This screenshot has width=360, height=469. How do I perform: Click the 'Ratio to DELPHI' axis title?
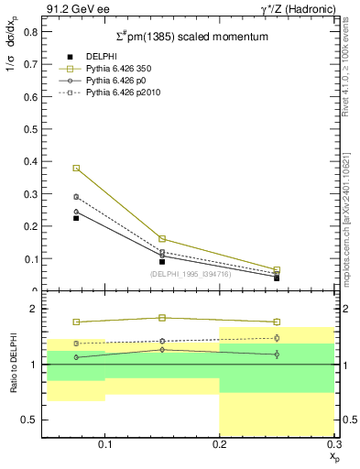click(12, 365)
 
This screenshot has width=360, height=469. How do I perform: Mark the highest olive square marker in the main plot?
click(77, 169)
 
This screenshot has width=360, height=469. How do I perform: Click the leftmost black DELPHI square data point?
click(77, 218)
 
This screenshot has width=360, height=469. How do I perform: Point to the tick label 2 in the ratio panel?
click(33, 309)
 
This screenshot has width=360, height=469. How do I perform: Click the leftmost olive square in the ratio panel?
click(77, 322)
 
